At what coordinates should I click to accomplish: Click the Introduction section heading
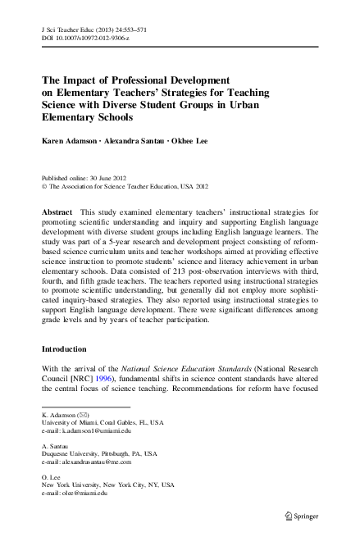click(x=68, y=371)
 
